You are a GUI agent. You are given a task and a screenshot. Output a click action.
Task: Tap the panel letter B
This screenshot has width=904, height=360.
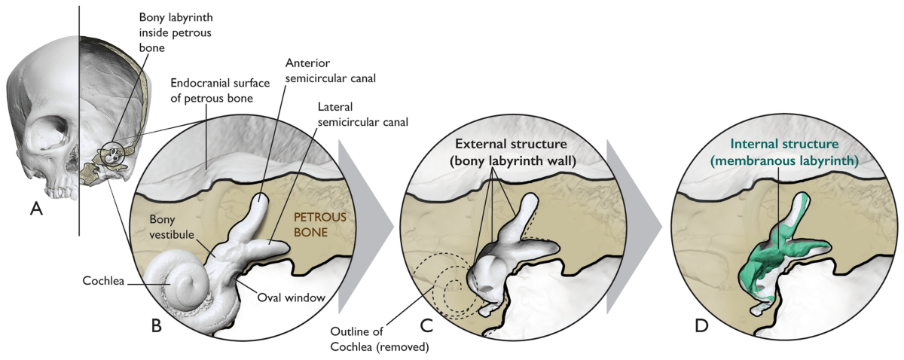(x=157, y=325)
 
